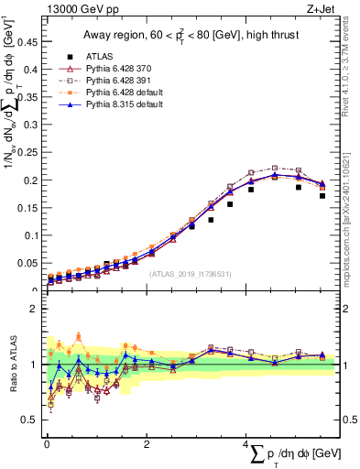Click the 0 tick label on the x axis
[x=47, y=442]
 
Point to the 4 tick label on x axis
[x=246, y=442]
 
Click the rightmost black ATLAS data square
[x=322, y=195]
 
